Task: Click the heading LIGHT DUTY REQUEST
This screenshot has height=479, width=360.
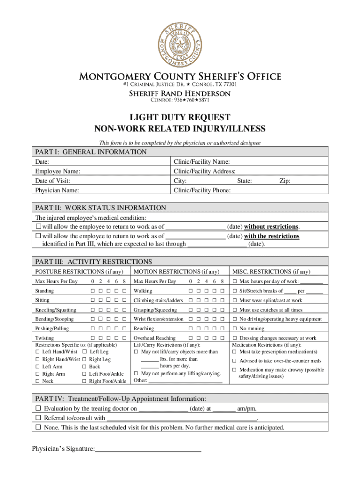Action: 180,117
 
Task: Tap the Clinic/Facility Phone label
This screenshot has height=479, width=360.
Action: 202,190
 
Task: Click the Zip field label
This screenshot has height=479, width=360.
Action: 285,181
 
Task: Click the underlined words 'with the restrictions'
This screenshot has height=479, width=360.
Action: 272,236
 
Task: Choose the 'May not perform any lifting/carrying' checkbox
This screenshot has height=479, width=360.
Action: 137,373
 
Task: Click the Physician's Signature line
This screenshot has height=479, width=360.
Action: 148,450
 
